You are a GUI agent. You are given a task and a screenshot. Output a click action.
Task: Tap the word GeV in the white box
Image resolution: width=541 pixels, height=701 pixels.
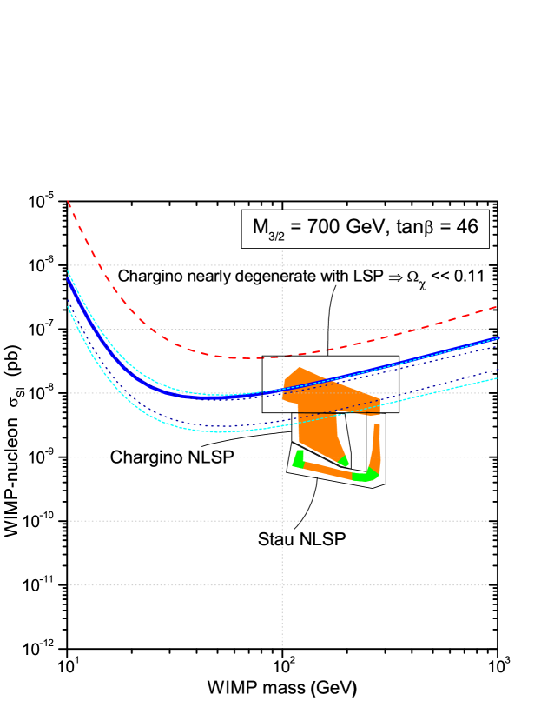tap(364, 228)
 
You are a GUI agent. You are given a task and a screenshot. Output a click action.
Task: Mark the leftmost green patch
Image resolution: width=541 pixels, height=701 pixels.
tap(298, 459)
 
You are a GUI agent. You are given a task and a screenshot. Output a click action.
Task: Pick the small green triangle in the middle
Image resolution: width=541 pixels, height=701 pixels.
tap(344, 461)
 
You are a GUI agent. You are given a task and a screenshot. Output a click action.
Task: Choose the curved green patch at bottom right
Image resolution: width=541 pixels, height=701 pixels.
tap(365, 475)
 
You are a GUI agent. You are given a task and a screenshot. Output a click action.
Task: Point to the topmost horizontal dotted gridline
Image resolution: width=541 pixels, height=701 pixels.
tap(174, 265)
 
